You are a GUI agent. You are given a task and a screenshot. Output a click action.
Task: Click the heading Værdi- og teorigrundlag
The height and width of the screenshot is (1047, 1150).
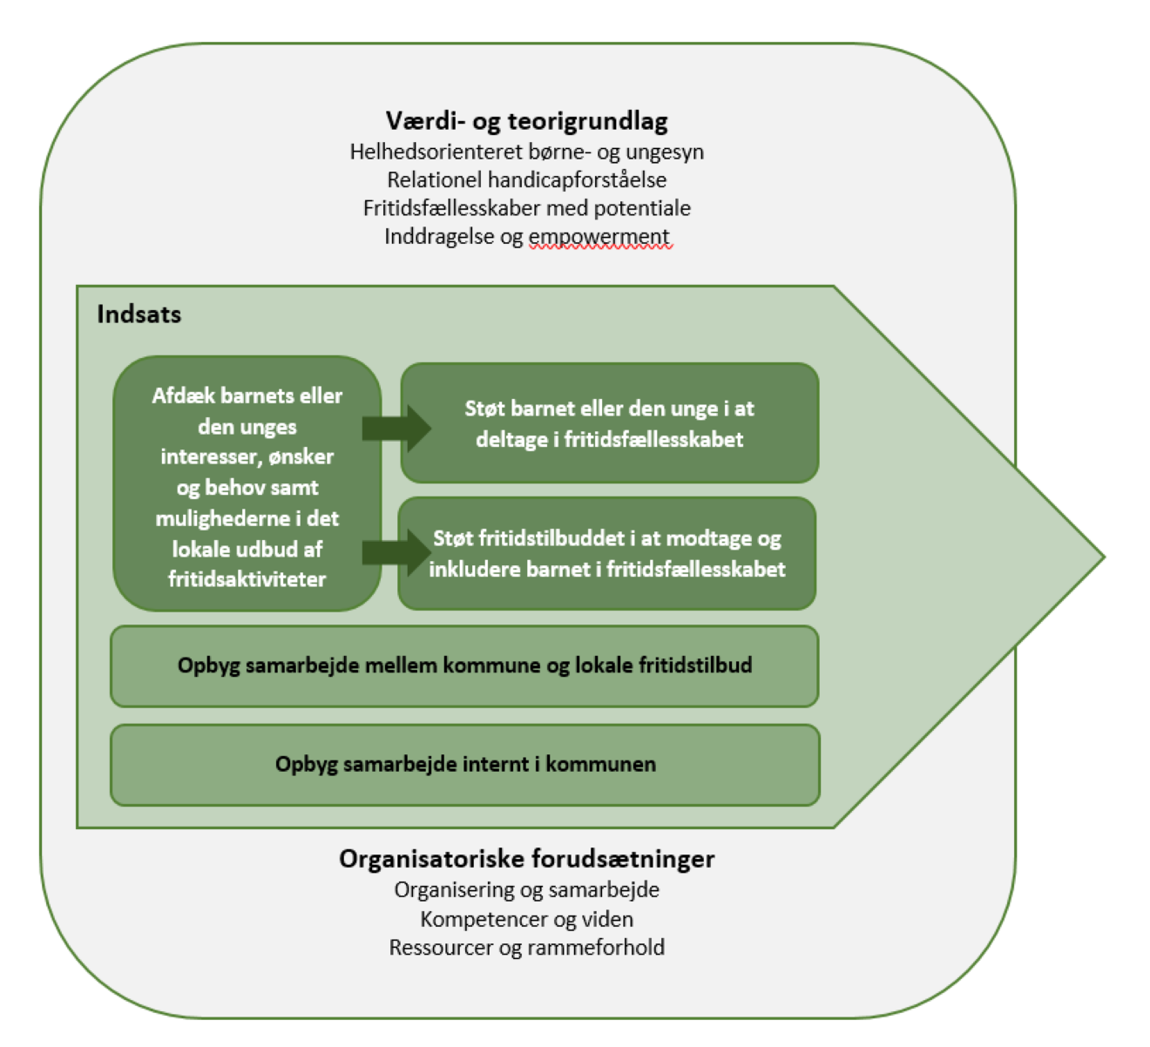(x=526, y=120)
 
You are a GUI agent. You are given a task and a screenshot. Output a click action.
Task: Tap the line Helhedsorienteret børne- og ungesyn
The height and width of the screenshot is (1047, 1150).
(x=526, y=152)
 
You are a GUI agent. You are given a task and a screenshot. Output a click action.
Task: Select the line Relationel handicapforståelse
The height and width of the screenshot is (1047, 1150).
(x=526, y=180)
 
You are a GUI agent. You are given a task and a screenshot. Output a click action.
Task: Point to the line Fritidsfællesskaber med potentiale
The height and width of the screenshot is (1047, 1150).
(x=526, y=208)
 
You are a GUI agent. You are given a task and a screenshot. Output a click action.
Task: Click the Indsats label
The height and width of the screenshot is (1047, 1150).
(x=139, y=314)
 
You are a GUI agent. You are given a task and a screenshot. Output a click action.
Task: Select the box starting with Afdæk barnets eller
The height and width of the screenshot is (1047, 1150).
(x=247, y=483)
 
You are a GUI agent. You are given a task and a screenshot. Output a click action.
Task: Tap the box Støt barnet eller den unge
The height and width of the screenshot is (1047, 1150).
(x=609, y=423)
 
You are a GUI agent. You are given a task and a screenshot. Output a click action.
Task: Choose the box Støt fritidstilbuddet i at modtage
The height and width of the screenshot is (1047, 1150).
(x=606, y=554)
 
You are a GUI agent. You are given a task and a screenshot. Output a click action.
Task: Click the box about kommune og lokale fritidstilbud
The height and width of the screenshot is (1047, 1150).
(x=464, y=666)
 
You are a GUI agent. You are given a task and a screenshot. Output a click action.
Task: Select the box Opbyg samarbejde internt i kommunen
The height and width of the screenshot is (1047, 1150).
(x=465, y=765)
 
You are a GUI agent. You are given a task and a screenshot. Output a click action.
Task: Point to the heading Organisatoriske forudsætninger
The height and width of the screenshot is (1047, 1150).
(x=526, y=859)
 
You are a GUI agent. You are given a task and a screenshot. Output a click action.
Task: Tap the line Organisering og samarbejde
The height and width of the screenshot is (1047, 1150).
(x=526, y=890)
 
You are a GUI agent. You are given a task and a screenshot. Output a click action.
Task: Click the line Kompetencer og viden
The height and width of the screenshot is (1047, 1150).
(x=526, y=919)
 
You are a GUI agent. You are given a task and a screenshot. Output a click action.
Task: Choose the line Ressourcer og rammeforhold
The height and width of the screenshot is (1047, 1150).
(x=526, y=948)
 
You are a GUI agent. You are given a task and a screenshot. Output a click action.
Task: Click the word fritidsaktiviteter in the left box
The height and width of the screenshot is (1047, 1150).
(x=247, y=579)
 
